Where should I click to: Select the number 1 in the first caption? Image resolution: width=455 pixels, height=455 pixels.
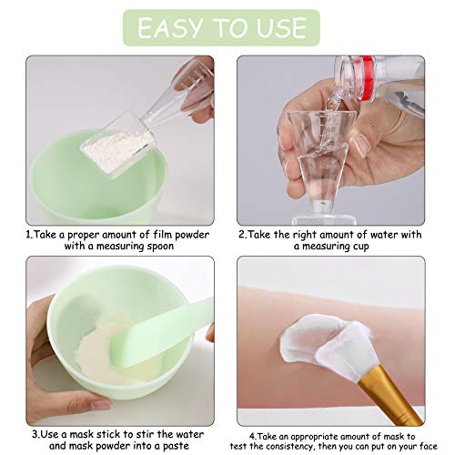29,234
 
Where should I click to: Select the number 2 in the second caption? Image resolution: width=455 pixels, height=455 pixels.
243,234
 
